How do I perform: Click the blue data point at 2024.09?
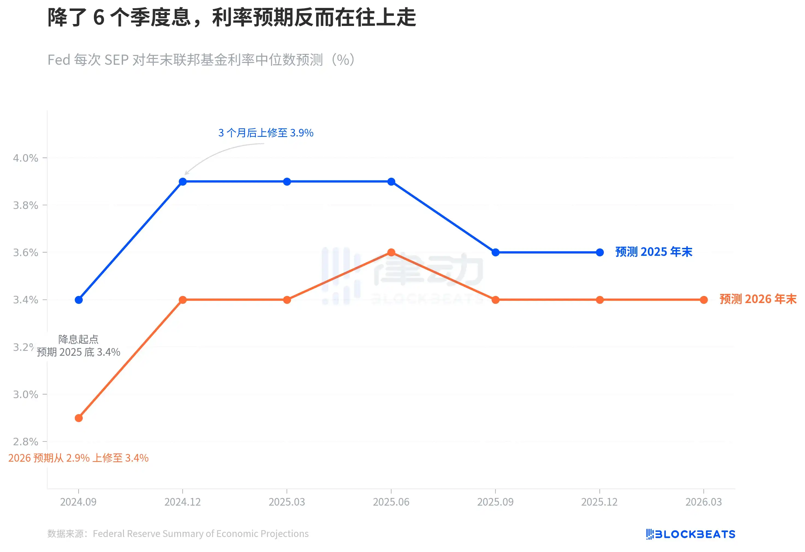[79, 300]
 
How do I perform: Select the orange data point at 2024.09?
[79, 418]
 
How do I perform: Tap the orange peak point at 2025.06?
[391, 252]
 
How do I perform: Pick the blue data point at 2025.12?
[600, 252]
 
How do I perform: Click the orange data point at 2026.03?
[703, 300]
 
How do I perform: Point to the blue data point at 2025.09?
[495, 252]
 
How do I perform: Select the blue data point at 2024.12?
[183, 182]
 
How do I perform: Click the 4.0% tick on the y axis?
[26, 158]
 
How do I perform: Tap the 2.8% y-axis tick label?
[26, 441]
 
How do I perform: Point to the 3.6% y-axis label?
[26, 252]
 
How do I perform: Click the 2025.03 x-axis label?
[287, 502]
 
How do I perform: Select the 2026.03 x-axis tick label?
[703, 502]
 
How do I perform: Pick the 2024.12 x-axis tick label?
[183, 502]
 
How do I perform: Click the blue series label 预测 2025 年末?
[653, 252]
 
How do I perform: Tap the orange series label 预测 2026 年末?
[758, 299]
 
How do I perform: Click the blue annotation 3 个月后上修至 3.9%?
[266, 133]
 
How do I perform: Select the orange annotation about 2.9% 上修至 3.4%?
[78, 458]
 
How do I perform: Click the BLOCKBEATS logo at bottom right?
[690, 534]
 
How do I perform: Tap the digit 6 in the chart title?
[99, 17]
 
